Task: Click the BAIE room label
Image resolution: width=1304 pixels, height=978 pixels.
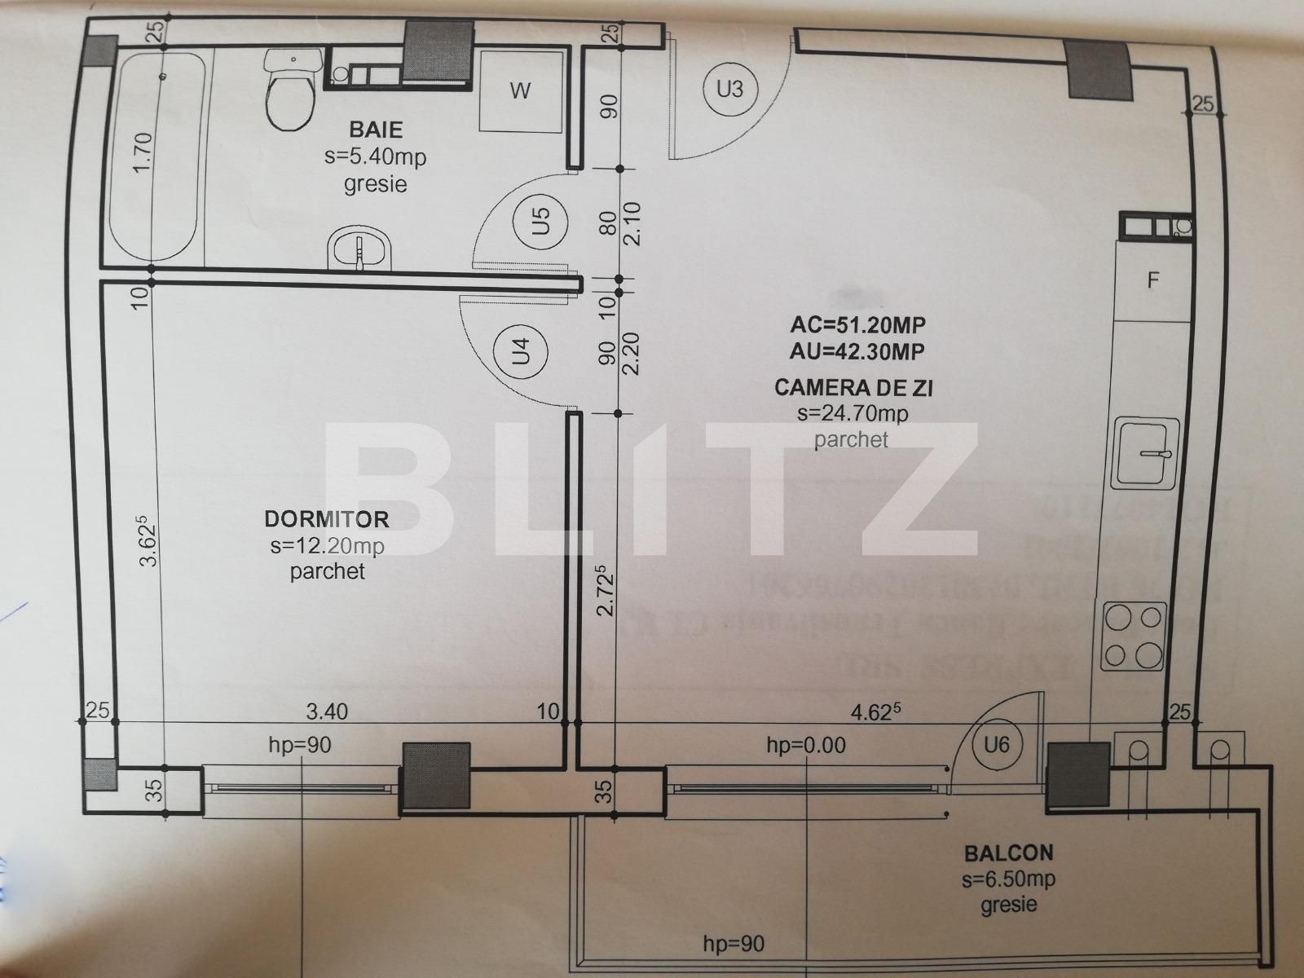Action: point(376,130)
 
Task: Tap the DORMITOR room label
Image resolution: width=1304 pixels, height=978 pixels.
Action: point(327,518)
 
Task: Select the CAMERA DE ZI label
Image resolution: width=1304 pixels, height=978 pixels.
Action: point(853,387)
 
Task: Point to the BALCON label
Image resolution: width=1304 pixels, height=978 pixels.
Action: point(1008,853)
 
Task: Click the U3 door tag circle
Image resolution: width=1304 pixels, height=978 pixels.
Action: point(729,88)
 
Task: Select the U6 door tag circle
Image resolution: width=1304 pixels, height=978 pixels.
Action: point(996,743)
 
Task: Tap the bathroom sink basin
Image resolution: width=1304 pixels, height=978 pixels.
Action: point(359,249)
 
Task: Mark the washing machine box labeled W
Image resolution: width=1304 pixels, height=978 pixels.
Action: point(520,90)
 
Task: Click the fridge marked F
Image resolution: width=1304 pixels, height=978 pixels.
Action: point(1153,280)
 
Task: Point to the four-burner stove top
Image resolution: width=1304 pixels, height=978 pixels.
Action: point(1134,636)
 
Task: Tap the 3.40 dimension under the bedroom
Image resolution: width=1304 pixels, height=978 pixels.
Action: point(327,711)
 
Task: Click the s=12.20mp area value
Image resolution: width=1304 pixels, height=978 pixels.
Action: point(327,544)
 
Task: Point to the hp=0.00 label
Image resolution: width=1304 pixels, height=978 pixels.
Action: point(806,744)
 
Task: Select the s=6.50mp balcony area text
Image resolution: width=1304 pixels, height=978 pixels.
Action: point(1008,879)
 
